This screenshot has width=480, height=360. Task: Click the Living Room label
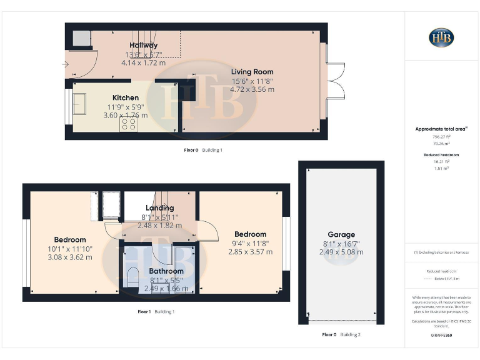pyautogui.click(x=252, y=71)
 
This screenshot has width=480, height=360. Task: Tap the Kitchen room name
pyautogui.click(x=126, y=97)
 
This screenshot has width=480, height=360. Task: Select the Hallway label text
pyautogui.click(x=143, y=45)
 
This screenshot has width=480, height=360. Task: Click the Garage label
pyautogui.click(x=341, y=234)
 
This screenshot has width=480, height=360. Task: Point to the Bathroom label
pyautogui.click(x=166, y=271)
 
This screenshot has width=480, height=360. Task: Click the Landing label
pyautogui.click(x=160, y=207)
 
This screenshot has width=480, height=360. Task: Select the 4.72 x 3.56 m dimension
pyautogui.click(x=252, y=89)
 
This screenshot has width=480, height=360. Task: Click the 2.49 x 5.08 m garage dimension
pyautogui.click(x=341, y=252)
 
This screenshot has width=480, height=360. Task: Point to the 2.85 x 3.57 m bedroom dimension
pyautogui.click(x=250, y=252)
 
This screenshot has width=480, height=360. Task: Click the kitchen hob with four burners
pyautogui.click(x=129, y=124)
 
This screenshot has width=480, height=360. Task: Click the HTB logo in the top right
pyautogui.click(x=441, y=37)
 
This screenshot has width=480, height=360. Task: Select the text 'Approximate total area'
pyautogui.click(x=441, y=129)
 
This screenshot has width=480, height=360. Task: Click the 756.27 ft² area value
pyautogui.click(x=441, y=136)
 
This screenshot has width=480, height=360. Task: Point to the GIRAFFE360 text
pyautogui.click(x=441, y=336)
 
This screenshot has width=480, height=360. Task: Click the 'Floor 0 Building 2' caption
pyautogui.click(x=341, y=335)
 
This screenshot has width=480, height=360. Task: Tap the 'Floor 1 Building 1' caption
pyautogui.click(x=156, y=311)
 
